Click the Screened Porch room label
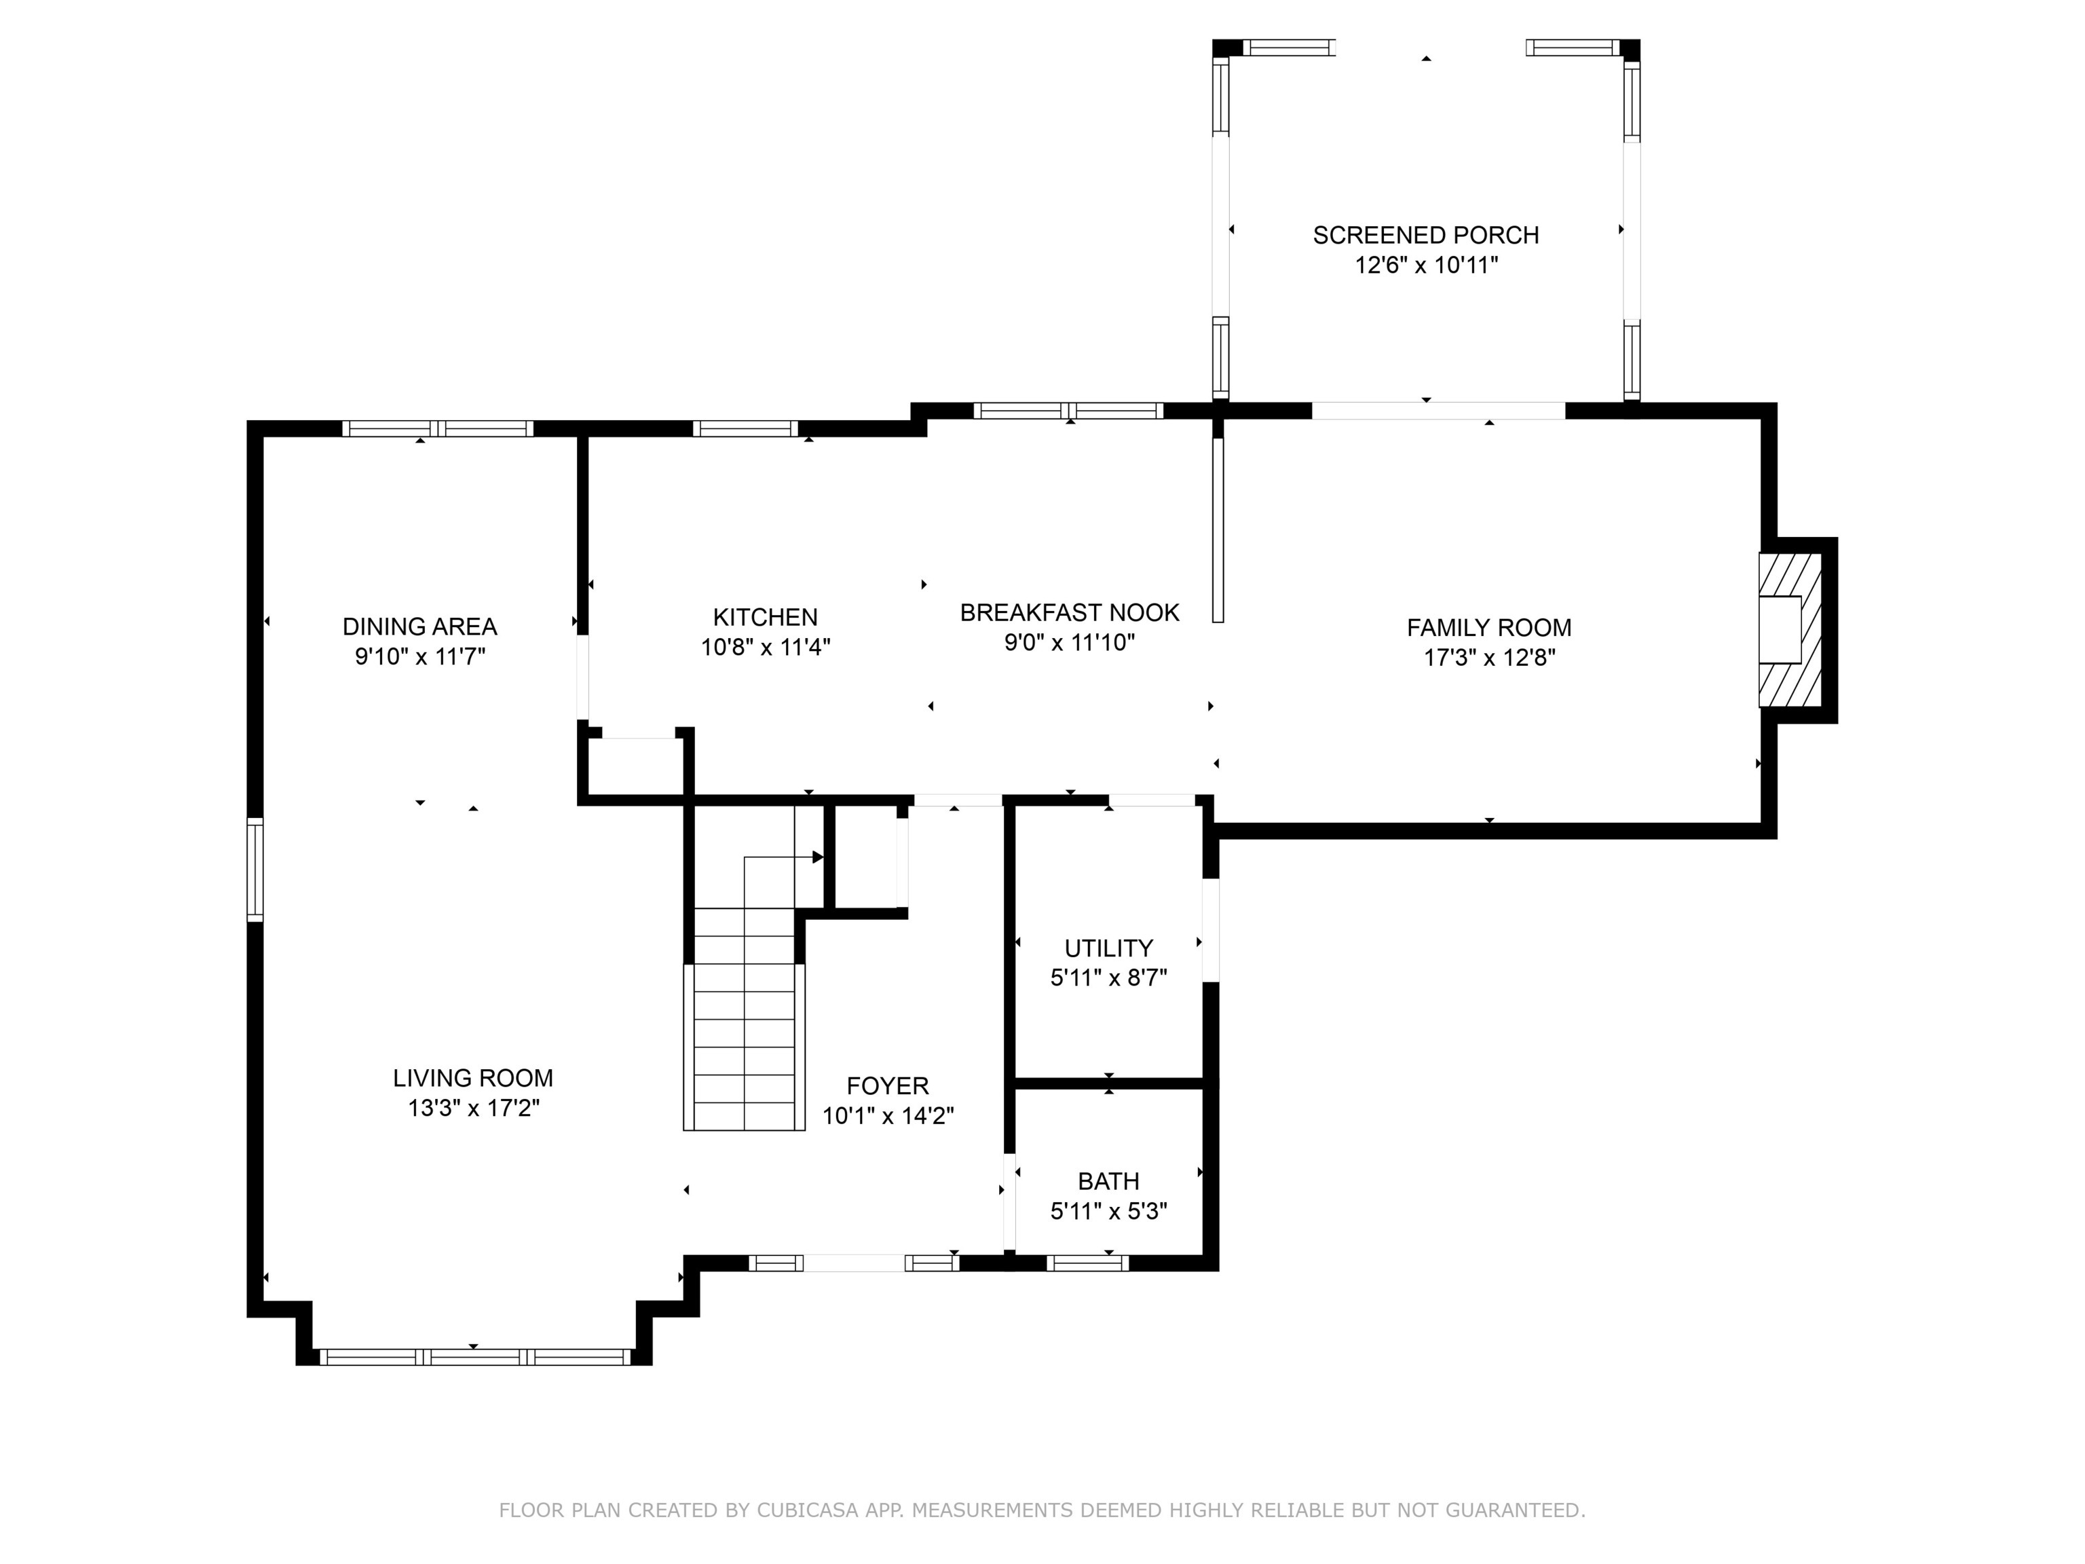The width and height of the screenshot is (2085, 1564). pos(1425,235)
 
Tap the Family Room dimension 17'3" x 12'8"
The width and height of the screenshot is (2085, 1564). pos(1488,657)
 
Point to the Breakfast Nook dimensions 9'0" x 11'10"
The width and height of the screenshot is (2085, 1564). pos(1069,642)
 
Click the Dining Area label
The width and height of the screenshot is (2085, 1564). pos(419,626)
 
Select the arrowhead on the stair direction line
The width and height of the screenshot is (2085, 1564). pos(817,857)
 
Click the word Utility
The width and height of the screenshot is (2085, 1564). pos(1108,948)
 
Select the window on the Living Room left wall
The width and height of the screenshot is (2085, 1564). pos(255,869)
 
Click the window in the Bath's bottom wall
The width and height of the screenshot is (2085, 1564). pos(1087,1263)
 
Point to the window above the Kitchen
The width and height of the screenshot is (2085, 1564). pos(745,429)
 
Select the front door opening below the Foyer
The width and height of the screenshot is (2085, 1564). pos(854,1263)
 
